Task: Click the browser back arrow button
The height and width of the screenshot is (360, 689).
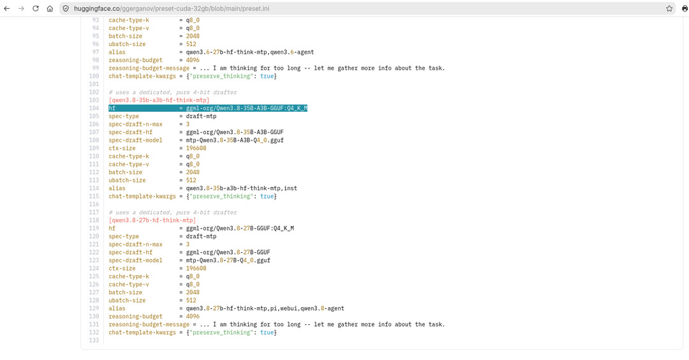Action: click(x=6, y=8)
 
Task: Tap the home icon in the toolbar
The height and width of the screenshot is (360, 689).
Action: click(x=50, y=8)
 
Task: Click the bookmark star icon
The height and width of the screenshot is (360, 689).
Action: click(x=669, y=8)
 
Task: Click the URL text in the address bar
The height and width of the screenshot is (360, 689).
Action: click(x=172, y=8)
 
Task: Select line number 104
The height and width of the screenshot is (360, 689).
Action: click(x=94, y=108)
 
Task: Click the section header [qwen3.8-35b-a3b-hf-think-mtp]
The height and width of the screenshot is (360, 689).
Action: click(x=159, y=100)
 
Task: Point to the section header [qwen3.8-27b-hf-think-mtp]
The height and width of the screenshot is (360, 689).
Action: click(x=152, y=220)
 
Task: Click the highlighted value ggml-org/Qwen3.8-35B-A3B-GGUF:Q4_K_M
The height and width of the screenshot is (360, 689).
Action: click(x=246, y=108)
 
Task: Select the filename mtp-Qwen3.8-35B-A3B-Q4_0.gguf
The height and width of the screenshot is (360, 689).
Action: click(x=235, y=140)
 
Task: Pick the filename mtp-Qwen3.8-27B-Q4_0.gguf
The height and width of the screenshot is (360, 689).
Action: click(x=228, y=260)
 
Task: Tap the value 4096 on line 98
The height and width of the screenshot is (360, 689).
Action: click(x=193, y=60)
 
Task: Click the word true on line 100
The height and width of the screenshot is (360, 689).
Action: click(x=267, y=76)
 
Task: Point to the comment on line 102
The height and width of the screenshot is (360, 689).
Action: click(x=173, y=93)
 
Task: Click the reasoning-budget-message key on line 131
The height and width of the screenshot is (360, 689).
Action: click(x=149, y=324)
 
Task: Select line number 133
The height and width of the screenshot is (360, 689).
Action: click(x=94, y=341)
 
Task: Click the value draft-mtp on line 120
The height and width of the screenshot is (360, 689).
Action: click(x=201, y=236)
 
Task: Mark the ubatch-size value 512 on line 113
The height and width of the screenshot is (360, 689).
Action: click(x=191, y=180)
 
